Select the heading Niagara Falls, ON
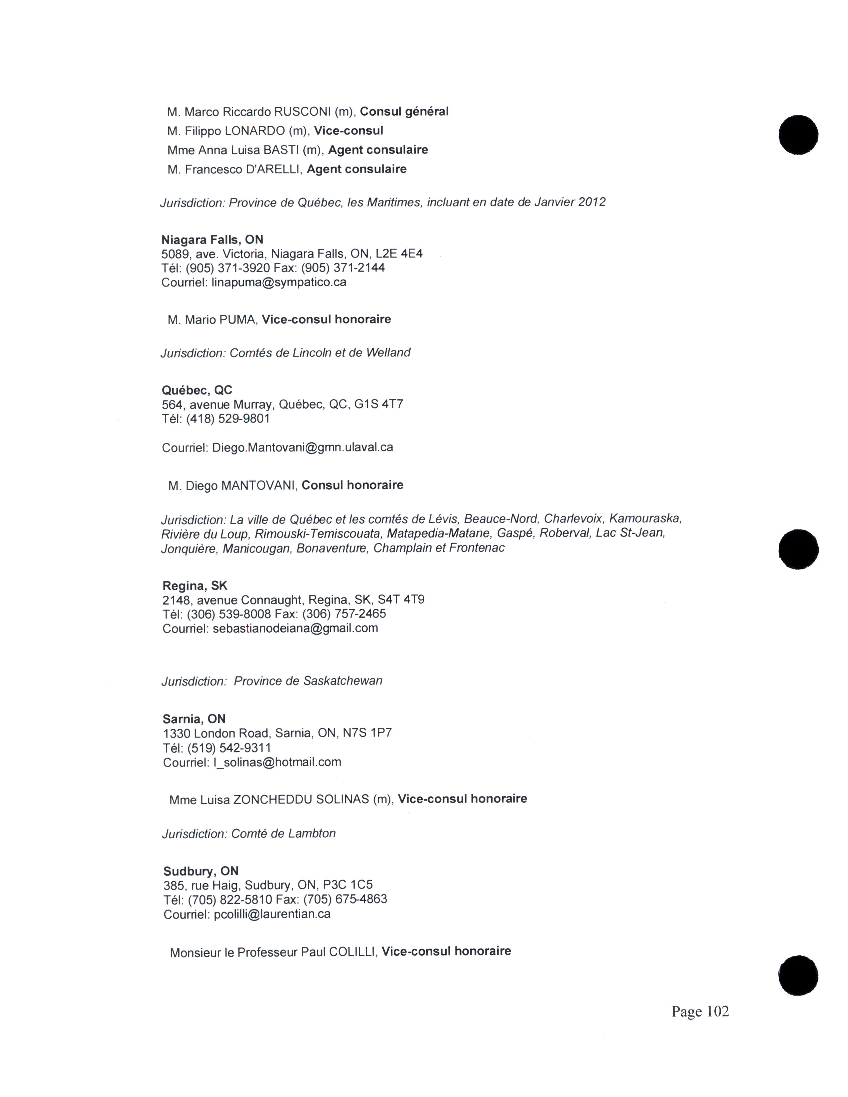pos(212,240)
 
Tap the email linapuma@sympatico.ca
pos(279,282)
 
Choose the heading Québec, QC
pos(197,390)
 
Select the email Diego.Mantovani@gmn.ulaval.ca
pos(302,447)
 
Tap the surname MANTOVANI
pos(260,486)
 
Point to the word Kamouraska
pos(645,518)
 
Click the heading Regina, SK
pos(195,586)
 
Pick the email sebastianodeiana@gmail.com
pos(295,628)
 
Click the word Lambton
pos(312,834)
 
